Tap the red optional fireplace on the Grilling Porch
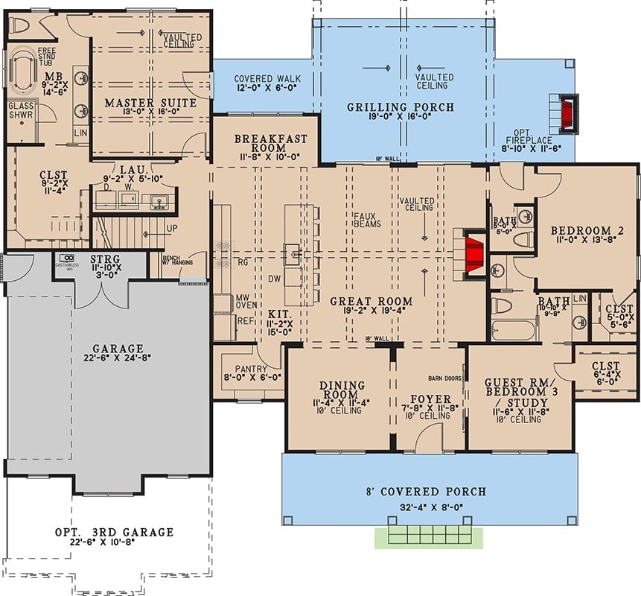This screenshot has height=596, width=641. [570, 113]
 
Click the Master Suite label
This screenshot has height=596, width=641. [150, 102]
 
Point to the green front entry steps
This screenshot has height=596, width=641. [428, 537]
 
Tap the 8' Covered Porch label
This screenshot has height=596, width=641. [427, 491]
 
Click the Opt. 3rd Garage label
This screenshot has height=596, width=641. [114, 532]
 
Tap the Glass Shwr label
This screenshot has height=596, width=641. [22, 110]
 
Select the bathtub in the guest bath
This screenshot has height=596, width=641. [514, 329]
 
